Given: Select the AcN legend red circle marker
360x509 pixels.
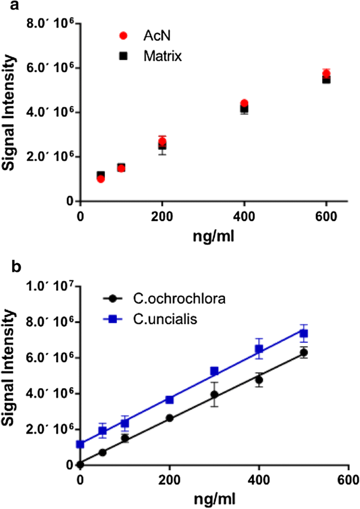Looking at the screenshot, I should pos(124,36).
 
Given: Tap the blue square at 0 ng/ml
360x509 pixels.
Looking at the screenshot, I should pos(80,444).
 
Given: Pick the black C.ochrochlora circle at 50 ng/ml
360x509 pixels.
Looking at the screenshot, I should pos(102,452).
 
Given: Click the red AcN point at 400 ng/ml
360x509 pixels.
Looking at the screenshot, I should pos(244,103).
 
